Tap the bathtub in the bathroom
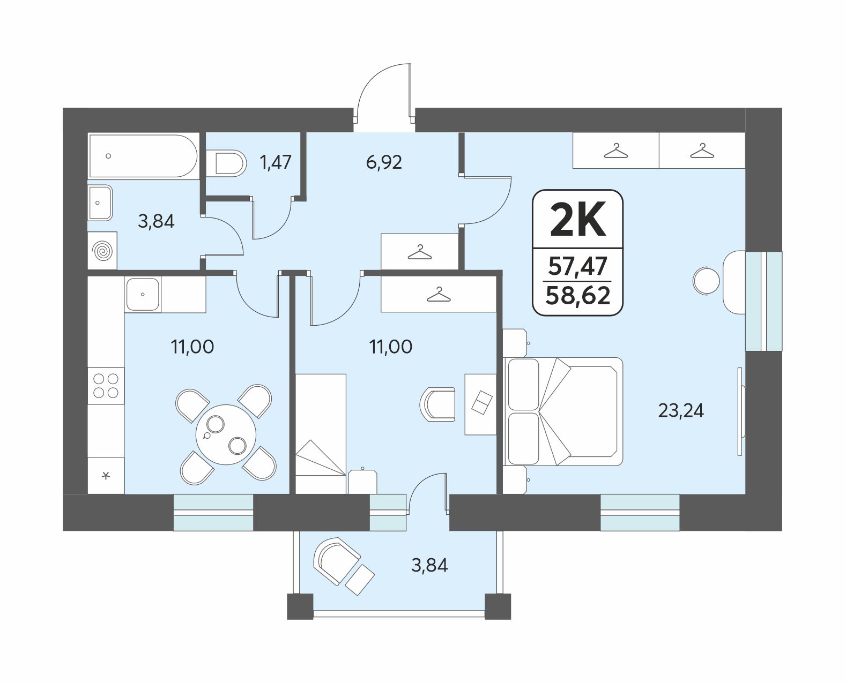coord(143,156)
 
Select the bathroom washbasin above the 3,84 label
coord(100,202)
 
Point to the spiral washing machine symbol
coord(102,251)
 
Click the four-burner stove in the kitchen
coord(106,386)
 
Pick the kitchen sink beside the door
coord(143,295)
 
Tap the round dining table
coord(226,434)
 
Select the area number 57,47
coord(578,266)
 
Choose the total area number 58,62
coord(578,295)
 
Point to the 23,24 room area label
coord(681,411)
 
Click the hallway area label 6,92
coord(384,162)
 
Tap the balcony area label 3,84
coord(429,565)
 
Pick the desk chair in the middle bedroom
coord(437,404)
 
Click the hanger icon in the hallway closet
coord(419,253)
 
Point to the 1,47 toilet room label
coord(276,162)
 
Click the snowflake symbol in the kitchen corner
coord(106,476)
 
